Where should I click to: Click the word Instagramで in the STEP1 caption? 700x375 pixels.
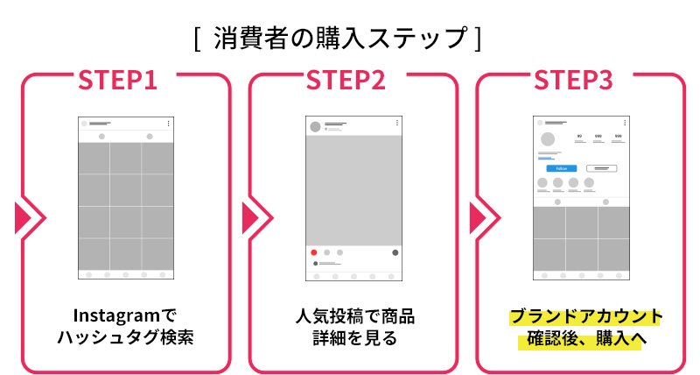pyautogui.click(x=124, y=315)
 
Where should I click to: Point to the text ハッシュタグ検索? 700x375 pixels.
pyautogui.click(x=124, y=338)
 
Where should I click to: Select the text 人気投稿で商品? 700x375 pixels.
pyautogui.click(x=353, y=315)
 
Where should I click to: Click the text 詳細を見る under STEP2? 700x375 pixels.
pyautogui.click(x=353, y=338)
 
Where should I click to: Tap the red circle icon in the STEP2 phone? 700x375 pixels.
pyautogui.click(x=314, y=252)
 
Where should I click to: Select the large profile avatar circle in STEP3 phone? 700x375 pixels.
pyautogui.click(x=549, y=139)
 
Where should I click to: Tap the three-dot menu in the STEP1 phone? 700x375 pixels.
pyautogui.click(x=168, y=124)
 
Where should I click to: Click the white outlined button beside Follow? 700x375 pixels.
pyautogui.click(x=601, y=168)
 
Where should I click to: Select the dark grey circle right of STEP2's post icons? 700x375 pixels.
pyautogui.click(x=395, y=252)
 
